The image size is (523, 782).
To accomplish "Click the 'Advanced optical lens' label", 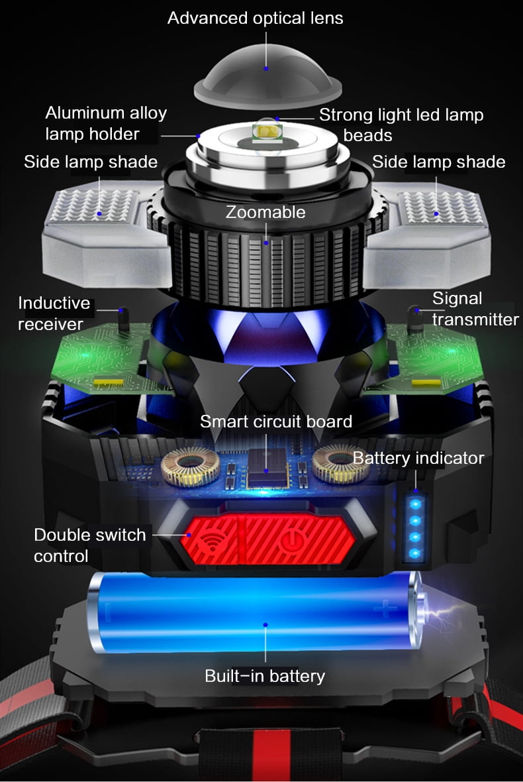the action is pyautogui.click(x=255, y=18).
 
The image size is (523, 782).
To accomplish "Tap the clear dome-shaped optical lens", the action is pyautogui.click(x=267, y=75).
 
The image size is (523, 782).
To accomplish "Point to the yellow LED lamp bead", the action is pyautogui.click(x=267, y=132).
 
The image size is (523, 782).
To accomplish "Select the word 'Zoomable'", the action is pyautogui.click(x=265, y=212).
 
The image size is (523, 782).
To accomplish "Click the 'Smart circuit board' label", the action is pyautogui.click(x=276, y=421).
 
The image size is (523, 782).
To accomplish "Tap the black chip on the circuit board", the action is pyautogui.click(x=268, y=467).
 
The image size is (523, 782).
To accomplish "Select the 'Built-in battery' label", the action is pyautogui.click(x=265, y=676).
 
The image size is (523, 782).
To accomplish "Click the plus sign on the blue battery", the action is pyautogui.click(x=385, y=608).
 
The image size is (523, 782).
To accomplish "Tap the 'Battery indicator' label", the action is pyautogui.click(x=418, y=458).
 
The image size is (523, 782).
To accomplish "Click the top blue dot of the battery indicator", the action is pyautogui.click(x=415, y=504).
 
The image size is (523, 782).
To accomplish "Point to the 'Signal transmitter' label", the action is pyautogui.click(x=475, y=309).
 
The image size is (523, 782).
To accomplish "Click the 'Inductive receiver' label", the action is pyautogui.click(x=54, y=313).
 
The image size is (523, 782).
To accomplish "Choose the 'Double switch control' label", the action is pyautogui.click(x=89, y=545).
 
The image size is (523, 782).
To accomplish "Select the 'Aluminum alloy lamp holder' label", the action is pyautogui.click(x=106, y=123).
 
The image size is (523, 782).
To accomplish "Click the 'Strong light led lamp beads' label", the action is pyautogui.click(x=401, y=125).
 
